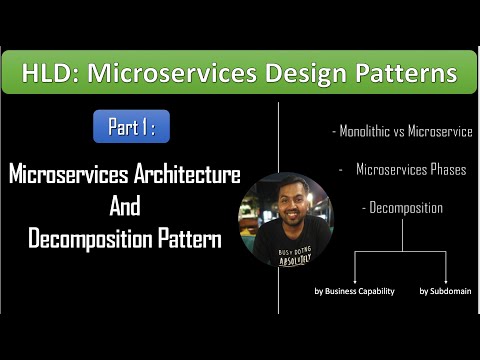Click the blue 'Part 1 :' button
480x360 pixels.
pyautogui.click(x=131, y=127)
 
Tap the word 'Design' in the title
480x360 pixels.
pyautogui.click(x=305, y=73)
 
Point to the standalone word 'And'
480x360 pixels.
pyautogui.click(x=124, y=207)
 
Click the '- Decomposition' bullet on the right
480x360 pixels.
pyautogui.click(x=401, y=208)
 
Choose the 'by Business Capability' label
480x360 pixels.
pyautogui.click(x=348, y=291)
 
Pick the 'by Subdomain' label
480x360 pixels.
pyautogui.click(x=444, y=291)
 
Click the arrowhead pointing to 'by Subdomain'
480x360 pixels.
pyautogui.click(x=444, y=280)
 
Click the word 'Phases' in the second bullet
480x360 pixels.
pyautogui.click(x=447, y=170)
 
